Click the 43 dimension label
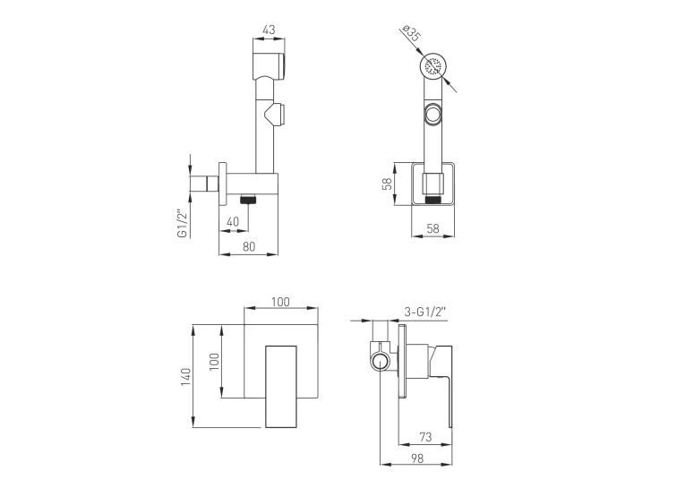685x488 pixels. click(270, 30)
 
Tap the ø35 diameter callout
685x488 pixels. click(411, 33)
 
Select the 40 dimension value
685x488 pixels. click(233, 222)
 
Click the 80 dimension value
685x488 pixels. click(249, 246)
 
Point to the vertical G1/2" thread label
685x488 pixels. click(182, 224)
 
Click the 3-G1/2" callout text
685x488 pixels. click(424, 312)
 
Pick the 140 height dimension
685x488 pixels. click(185, 377)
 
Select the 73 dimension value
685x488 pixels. click(425, 436)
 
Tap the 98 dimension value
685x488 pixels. click(417, 458)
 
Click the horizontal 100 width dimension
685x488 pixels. click(280, 302)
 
